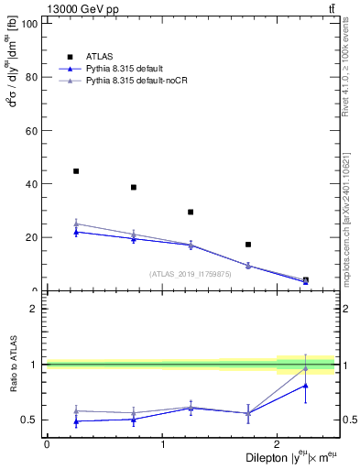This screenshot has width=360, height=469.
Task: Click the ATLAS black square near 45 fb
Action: coord(76,171)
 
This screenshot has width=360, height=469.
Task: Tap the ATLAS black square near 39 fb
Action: coord(134,187)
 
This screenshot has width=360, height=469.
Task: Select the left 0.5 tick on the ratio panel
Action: coord(31,420)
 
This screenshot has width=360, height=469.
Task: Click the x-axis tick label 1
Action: coord(162,445)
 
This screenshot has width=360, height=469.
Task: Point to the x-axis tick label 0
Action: coord(47,445)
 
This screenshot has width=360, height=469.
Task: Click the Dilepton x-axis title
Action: coord(285,458)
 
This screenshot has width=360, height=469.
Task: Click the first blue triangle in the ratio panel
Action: coord(76,421)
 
